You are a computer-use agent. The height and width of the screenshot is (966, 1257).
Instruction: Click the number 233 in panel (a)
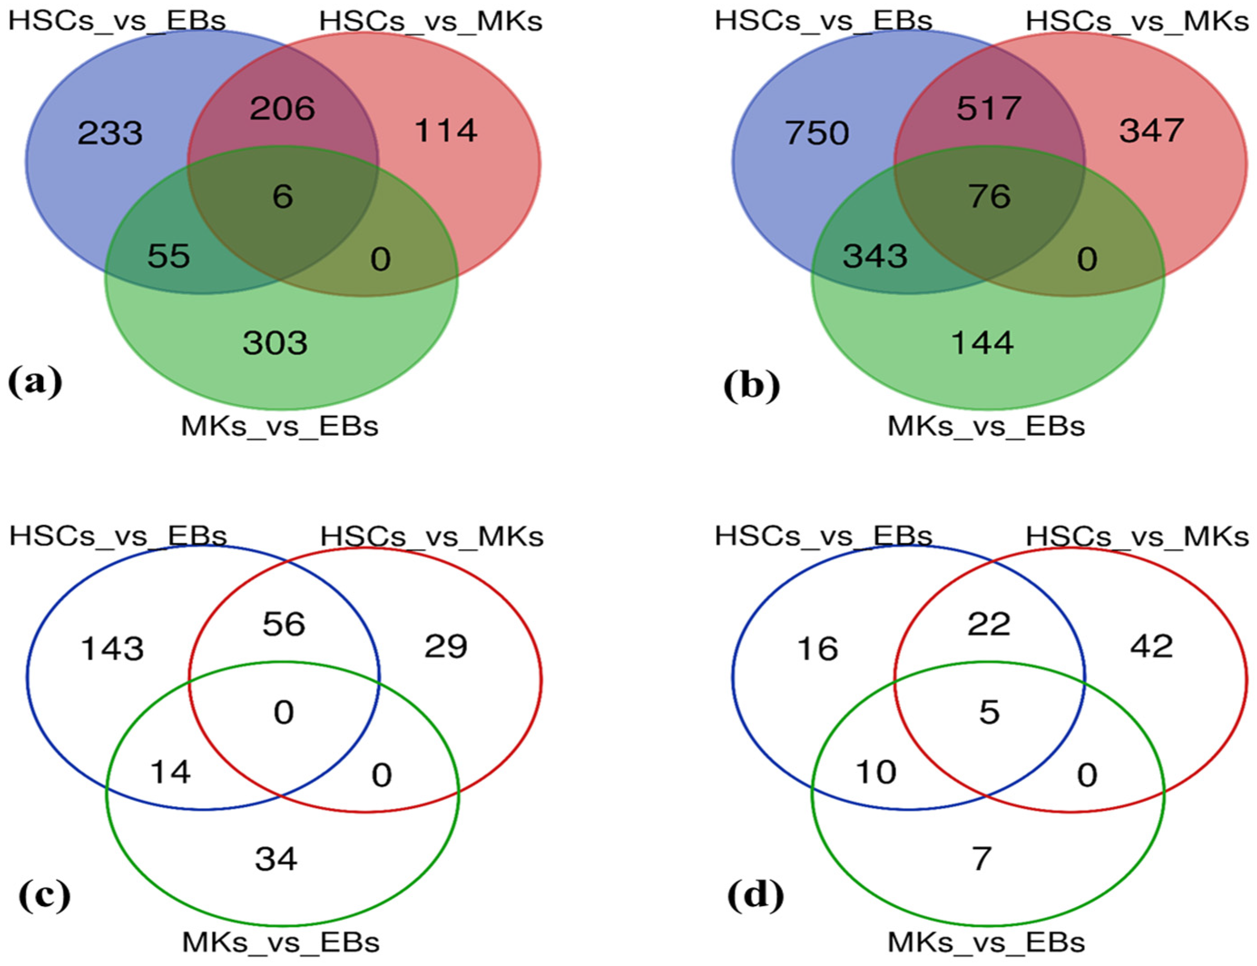pyautogui.click(x=110, y=133)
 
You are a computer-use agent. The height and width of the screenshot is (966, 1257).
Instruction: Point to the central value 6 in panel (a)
pyautogui.click(x=282, y=197)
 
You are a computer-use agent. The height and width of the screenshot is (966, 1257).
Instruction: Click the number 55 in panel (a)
pyautogui.click(x=168, y=256)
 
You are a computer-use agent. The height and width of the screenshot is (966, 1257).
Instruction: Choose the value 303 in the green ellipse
pyautogui.click(x=275, y=343)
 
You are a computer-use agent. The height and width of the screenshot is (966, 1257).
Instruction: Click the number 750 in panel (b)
pyautogui.click(x=817, y=133)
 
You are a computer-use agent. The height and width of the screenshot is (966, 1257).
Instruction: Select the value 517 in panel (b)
pyautogui.click(x=989, y=108)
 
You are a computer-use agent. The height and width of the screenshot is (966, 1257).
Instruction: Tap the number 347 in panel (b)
pyautogui.click(x=1151, y=131)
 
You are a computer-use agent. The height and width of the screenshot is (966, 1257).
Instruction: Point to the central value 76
pyautogui.click(x=989, y=197)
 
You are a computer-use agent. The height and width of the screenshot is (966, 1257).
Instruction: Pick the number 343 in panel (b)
pyautogui.click(x=875, y=256)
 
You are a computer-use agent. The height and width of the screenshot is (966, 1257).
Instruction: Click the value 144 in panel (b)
pyautogui.click(x=982, y=343)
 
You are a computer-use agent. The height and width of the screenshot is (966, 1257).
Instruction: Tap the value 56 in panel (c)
pyautogui.click(x=284, y=624)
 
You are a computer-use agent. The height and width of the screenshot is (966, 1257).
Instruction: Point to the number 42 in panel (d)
pyautogui.click(x=1151, y=647)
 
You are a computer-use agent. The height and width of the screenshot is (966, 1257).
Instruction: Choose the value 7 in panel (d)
pyautogui.click(x=982, y=859)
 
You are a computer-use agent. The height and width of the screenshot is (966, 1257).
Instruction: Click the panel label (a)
pyautogui.click(x=35, y=382)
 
